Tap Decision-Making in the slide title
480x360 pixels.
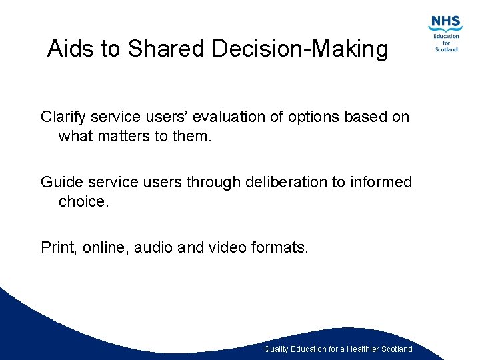(299, 49)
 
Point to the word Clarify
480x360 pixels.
(63, 117)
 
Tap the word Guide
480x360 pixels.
(61, 182)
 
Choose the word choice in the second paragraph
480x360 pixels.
(83, 201)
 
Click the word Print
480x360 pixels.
(59, 248)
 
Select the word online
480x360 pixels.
(106, 248)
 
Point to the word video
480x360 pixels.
(227, 248)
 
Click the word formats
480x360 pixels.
(283, 248)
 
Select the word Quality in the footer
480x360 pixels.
(277, 349)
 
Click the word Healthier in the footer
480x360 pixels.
(361, 349)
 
